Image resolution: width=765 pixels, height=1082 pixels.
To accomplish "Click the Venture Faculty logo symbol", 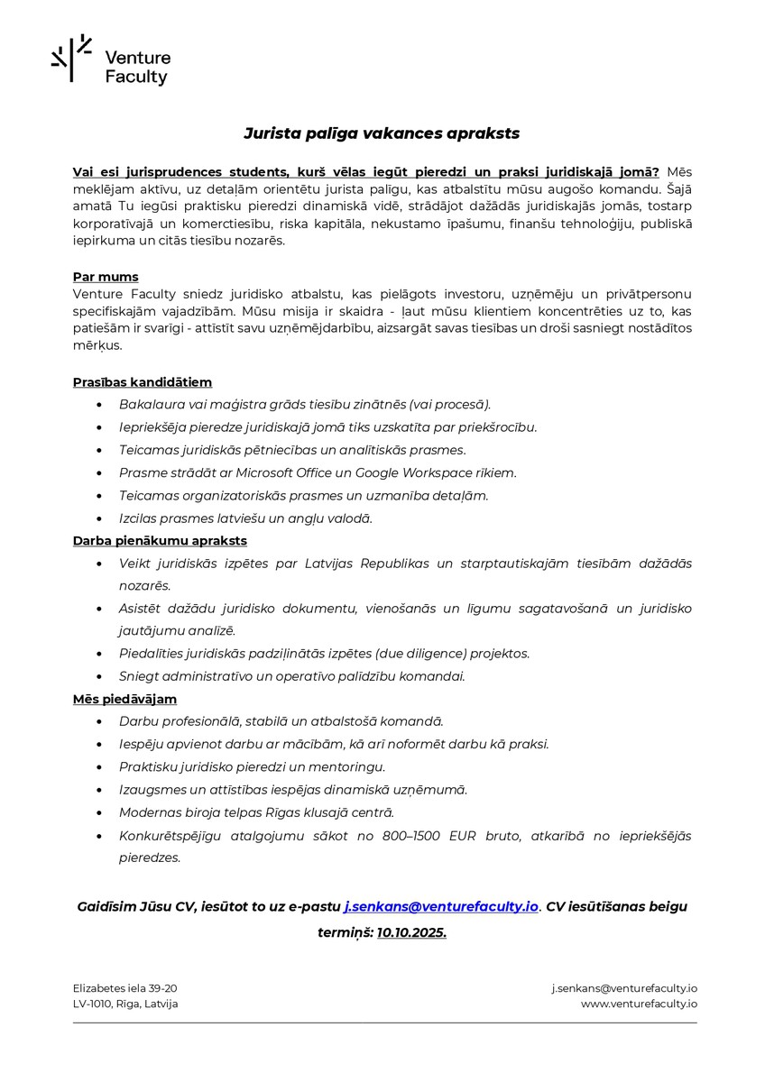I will [71, 58].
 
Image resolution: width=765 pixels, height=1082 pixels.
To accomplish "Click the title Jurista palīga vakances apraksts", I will [382, 133].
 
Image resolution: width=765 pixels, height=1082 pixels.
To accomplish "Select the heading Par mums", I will [106, 277].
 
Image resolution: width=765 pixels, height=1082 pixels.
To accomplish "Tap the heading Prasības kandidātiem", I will [143, 382].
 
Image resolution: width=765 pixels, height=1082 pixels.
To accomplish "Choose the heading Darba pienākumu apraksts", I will [160, 541].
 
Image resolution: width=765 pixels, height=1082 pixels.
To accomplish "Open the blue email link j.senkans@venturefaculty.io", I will [441, 906].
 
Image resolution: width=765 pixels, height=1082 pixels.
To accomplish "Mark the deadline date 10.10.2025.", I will [412, 932].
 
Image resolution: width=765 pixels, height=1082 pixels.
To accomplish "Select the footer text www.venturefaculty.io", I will [639, 1004].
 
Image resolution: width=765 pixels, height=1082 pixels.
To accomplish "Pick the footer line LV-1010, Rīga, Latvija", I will [125, 1004].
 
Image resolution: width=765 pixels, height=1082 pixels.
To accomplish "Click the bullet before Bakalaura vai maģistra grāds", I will [98, 405].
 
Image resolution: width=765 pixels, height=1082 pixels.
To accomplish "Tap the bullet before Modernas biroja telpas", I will [98, 812].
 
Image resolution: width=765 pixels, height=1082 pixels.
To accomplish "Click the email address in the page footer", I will [624, 988].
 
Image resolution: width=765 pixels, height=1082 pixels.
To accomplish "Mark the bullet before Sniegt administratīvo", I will [98, 676].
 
